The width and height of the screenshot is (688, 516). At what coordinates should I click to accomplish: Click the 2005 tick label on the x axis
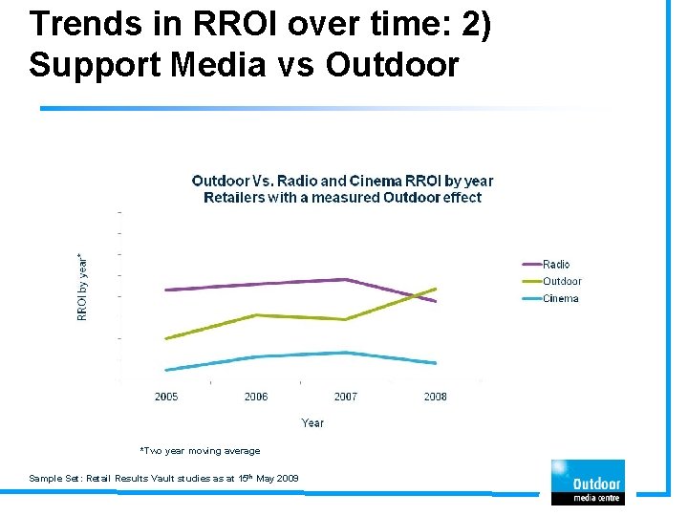coord(166,397)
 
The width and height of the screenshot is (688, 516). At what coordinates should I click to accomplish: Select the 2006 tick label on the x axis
coord(256,397)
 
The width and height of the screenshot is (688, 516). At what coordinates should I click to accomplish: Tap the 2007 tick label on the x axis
coord(345,397)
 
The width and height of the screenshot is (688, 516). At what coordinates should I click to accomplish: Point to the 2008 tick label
coord(435,397)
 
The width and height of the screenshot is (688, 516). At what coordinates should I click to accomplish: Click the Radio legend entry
coord(555,264)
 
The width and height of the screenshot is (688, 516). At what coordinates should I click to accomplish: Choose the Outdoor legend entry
coord(561,281)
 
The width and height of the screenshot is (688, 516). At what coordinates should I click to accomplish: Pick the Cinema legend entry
coord(560,298)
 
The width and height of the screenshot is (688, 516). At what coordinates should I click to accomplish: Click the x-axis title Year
coord(312,422)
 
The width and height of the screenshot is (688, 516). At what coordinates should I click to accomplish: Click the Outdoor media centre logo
coord(586,482)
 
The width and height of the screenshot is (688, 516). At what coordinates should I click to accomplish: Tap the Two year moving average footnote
coord(200,451)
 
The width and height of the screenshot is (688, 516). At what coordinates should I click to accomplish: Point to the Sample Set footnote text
coord(163,478)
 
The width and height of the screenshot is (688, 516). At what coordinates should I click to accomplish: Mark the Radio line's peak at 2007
coord(345,279)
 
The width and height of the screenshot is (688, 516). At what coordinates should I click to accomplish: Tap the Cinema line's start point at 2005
coord(166,370)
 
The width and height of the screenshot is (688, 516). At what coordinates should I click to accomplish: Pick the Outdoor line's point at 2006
coord(256,314)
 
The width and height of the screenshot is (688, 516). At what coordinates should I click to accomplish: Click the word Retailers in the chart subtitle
coord(236,198)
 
